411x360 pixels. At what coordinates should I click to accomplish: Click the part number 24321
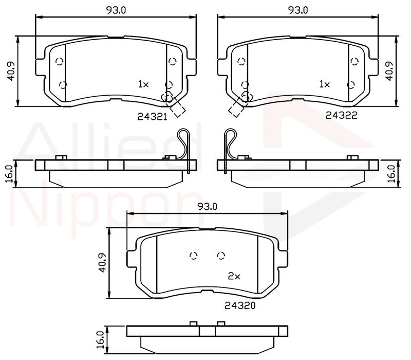[152, 117]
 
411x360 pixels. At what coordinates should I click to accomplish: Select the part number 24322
[341, 115]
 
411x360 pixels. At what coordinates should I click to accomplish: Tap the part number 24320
[240, 305]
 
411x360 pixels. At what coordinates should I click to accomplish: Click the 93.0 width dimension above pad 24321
[116, 10]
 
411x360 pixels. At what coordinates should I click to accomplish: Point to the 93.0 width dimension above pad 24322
[298, 10]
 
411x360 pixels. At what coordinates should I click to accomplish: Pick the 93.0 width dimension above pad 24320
[208, 207]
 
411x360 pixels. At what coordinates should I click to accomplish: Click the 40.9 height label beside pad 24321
[11, 71]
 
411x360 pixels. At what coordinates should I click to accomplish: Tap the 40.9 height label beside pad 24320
[102, 262]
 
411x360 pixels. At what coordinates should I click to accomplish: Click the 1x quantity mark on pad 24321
[143, 84]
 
